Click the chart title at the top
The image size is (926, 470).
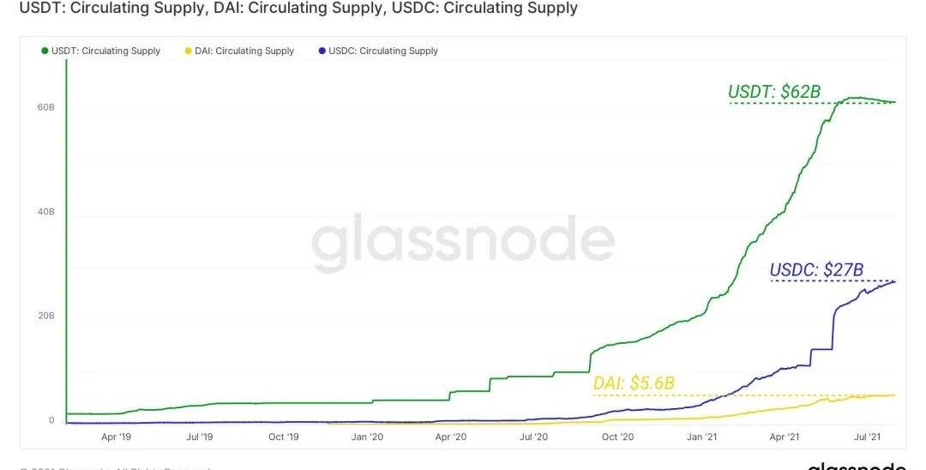292,9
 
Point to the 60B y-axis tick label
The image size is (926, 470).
45,108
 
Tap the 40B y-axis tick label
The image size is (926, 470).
45,211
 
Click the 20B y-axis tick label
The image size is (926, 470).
45,316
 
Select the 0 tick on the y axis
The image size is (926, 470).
51,420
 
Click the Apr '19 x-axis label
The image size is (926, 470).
116,437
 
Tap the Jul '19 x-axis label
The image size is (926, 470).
199,437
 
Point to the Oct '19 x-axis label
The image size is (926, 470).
283,437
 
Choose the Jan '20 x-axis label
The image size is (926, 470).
367,437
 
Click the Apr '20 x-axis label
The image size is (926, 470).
450,437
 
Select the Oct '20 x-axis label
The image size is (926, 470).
617,437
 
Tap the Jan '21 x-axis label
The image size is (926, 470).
701,437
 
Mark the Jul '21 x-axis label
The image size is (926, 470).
869,437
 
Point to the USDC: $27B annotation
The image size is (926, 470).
816,270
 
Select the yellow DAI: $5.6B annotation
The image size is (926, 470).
638,384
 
